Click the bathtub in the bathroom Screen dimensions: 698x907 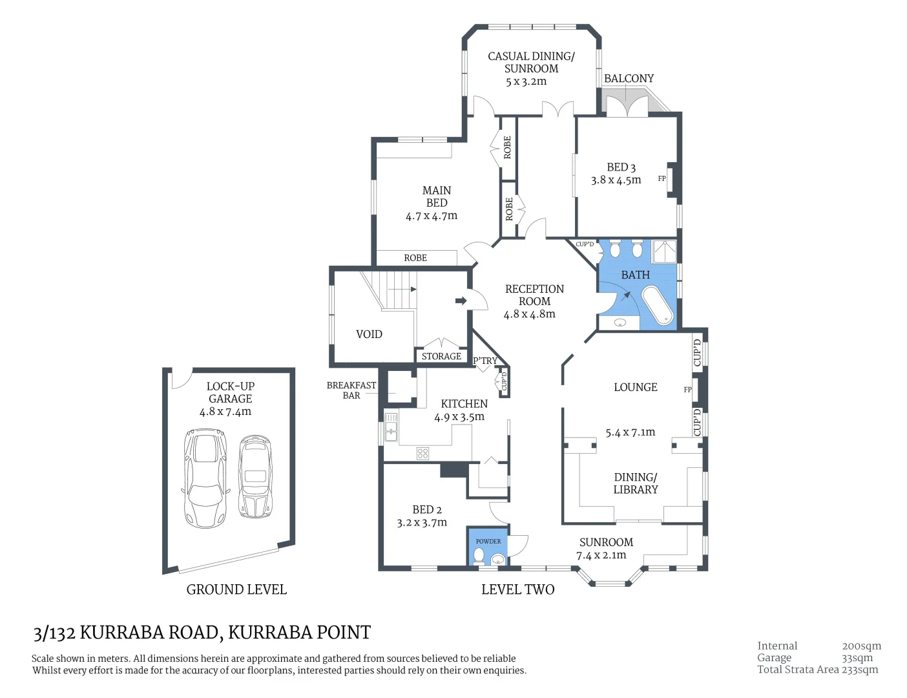click(x=657, y=305)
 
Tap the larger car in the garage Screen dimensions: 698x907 click(x=205, y=478)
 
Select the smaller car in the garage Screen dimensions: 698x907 click(x=255, y=476)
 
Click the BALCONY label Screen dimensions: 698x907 click(x=629, y=79)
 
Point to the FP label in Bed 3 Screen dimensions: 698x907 click(x=662, y=179)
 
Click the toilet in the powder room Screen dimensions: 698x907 click(x=479, y=555)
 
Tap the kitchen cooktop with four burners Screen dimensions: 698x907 click(x=422, y=453)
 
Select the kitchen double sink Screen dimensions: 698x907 click(x=391, y=427)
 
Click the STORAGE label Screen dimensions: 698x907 click(x=441, y=356)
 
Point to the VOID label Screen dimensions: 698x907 click(x=369, y=334)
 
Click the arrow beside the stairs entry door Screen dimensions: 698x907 click(x=461, y=301)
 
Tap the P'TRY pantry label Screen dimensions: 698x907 click(x=485, y=361)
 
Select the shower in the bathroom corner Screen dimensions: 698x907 click(x=664, y=251)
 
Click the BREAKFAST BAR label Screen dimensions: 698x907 click(x=351, y=390)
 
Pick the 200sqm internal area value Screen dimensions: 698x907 click(x=861, y=646)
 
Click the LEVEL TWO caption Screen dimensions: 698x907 click(x=517, y=589)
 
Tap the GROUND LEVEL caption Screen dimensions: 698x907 click(x=236, y=589)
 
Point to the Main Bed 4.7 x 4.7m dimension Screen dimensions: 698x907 click(x=432, y=216)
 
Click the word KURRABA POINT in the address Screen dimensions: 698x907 click(x=300, y=632)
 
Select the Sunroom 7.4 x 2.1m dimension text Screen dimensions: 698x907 click(x=601, y=555)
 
